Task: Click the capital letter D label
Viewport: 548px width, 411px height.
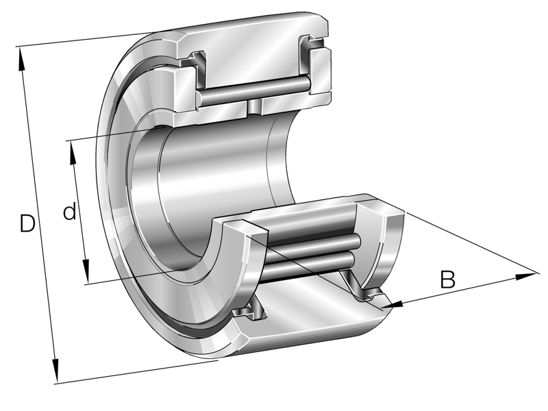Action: (27, 223)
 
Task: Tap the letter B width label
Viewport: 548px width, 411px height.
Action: (447, 279)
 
